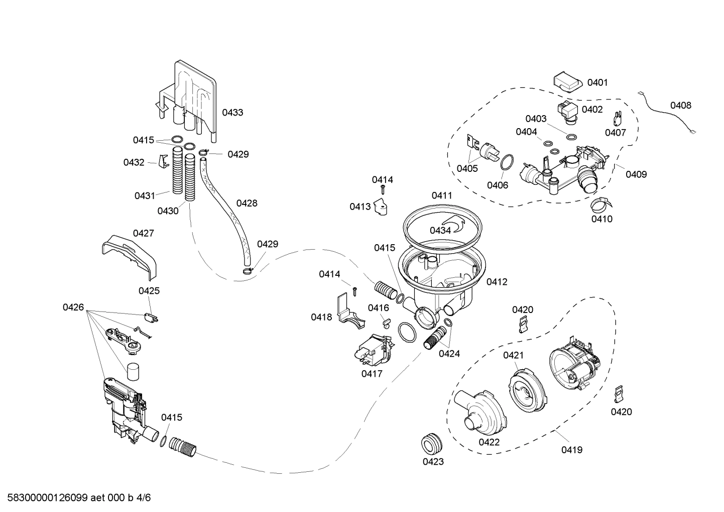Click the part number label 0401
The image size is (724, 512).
[597, 82]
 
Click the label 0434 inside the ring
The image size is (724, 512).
[440, 230]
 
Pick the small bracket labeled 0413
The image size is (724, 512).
[382, 208]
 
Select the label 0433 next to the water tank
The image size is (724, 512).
[232, 113]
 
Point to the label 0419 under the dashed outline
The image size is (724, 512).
[572, 450]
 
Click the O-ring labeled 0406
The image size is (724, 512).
[506, 162]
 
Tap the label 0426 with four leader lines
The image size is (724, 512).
[73, 307]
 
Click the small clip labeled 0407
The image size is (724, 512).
[617, 119]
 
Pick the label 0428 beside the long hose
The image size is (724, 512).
[247, 203]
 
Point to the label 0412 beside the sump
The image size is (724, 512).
[497, 282]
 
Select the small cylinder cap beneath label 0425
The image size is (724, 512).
[133, 373]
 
